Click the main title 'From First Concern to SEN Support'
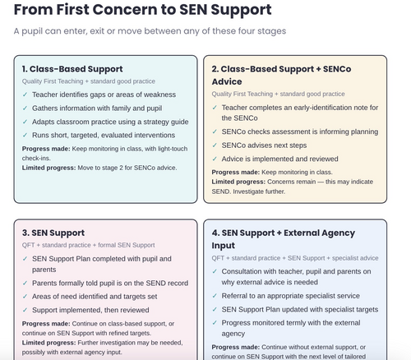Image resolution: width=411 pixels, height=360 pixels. pos(142,10)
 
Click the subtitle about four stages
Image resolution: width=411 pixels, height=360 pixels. pos(150,31)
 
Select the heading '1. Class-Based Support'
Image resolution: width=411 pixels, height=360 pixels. pos(72,69)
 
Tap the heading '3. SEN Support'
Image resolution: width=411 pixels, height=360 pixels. pos(53,233)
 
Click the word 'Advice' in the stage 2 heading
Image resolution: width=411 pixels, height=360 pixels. pos(227,81)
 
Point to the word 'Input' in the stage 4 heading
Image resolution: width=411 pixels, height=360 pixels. pos(223,246)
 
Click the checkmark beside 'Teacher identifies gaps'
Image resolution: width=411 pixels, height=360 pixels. pos(25,95)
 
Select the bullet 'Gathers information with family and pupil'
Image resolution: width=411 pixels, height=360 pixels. pos(97,108)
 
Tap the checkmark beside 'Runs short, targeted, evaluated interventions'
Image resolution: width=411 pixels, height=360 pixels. pos(25,135)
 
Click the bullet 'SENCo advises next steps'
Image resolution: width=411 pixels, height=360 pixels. pos(264,145)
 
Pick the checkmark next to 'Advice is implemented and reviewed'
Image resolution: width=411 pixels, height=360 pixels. pos(215,159)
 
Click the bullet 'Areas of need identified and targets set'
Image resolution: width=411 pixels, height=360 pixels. pos(95,297)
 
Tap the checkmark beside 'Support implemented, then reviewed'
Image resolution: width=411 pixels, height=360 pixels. pos(25,310)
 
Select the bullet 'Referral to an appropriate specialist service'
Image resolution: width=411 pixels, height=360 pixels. pos(291,296)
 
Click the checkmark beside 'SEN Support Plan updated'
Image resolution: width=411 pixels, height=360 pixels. pos(215,309)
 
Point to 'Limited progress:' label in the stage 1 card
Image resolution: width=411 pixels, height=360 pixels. pos(48,168)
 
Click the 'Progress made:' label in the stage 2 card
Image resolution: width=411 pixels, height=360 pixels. pos(236,172)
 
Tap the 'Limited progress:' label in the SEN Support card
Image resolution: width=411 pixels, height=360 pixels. pos(48,343)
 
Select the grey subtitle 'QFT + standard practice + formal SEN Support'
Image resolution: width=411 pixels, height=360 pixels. pos(89,245)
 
